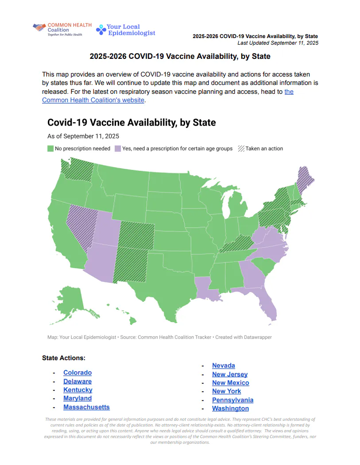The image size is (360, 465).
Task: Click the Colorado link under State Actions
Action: (77, 373)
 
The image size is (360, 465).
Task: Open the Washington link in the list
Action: (230, 408)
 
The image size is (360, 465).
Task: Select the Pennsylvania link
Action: (232, 400)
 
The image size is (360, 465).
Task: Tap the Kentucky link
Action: (77, 390)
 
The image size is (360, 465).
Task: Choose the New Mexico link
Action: (230, 383)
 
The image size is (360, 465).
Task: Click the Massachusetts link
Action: (86, 407)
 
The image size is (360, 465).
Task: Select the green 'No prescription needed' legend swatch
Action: (50, 149)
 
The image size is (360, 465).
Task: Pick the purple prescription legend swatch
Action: (118, 149)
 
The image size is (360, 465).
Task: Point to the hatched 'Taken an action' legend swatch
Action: (241, 149)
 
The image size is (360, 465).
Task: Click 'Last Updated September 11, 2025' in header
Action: (278, 43)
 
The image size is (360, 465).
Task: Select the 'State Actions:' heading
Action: (64, 357)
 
